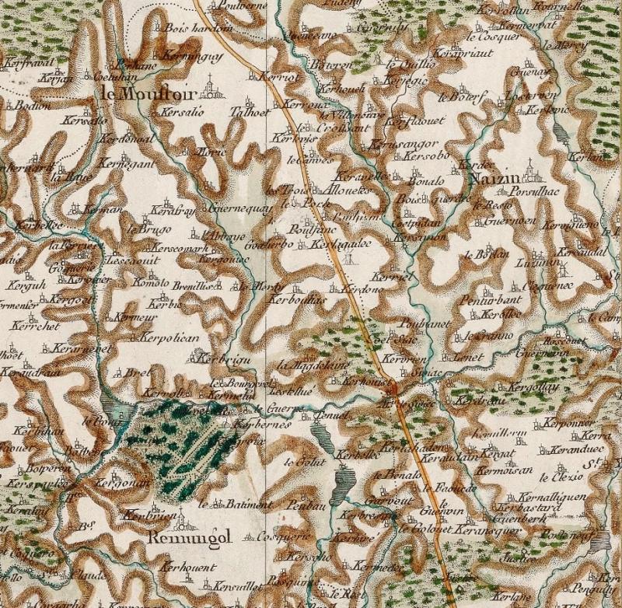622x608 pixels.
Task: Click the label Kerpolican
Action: pyautogui.click(x=170, y=338)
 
